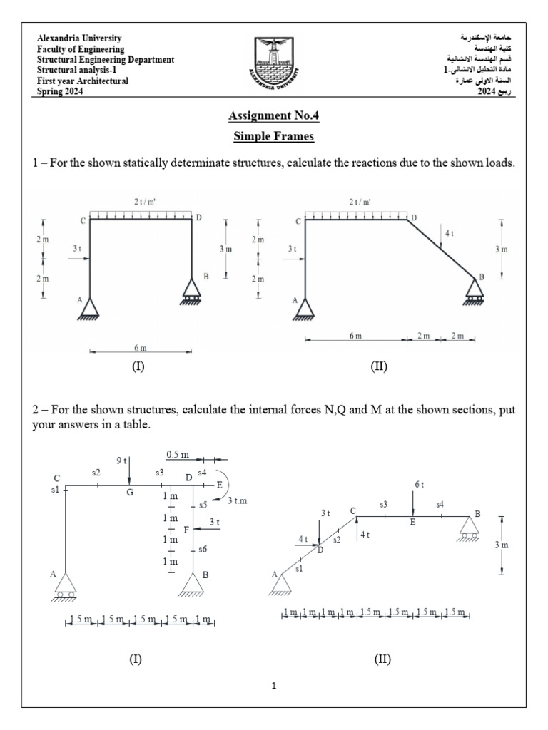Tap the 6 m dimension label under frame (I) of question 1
pos(140,348)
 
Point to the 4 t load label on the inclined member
pos(449,233)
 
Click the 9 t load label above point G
pos(121,460)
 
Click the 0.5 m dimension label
pos(178,454)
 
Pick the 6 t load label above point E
pos(419,484)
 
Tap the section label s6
pos(203,550)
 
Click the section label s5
pos(203,505)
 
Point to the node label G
pos(131,493)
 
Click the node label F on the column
pos(186,530)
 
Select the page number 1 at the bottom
pos(274,687)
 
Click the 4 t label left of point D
pos(303,539)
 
